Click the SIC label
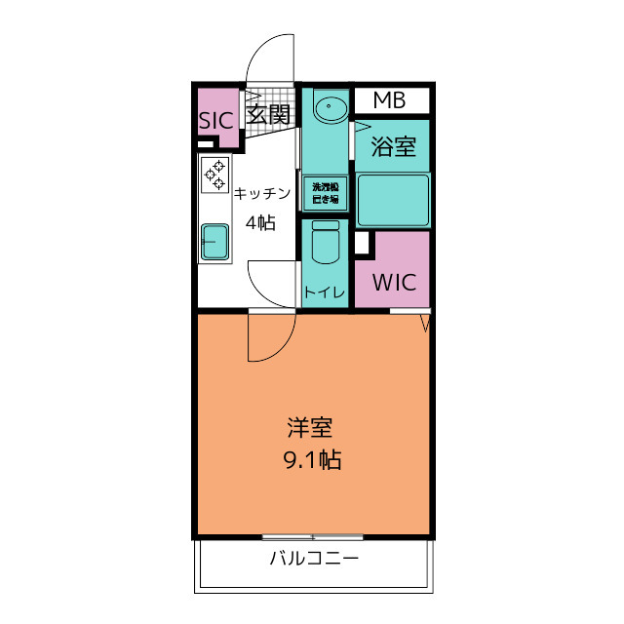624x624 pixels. [216, 121]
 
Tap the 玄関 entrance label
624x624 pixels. [268, 115]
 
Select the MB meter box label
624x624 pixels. [390, 100]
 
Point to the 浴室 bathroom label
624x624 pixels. [394, 146]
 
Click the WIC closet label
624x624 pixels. [394, 282]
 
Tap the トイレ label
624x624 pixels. [325, 292]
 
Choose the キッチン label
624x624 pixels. [262, 193]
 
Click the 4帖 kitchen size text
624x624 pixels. [260, 222]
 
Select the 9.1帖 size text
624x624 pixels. [312, 459]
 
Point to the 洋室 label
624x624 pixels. [310, 428]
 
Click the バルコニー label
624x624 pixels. [314, 559]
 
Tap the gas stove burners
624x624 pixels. [214, 175]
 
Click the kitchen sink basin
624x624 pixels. [214, 242]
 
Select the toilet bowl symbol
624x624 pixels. [326, 242]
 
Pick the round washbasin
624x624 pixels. [330, 106]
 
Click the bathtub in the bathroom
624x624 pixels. [393, 200]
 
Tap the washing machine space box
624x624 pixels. [326, 193]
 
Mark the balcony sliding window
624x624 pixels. [312, 537]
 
